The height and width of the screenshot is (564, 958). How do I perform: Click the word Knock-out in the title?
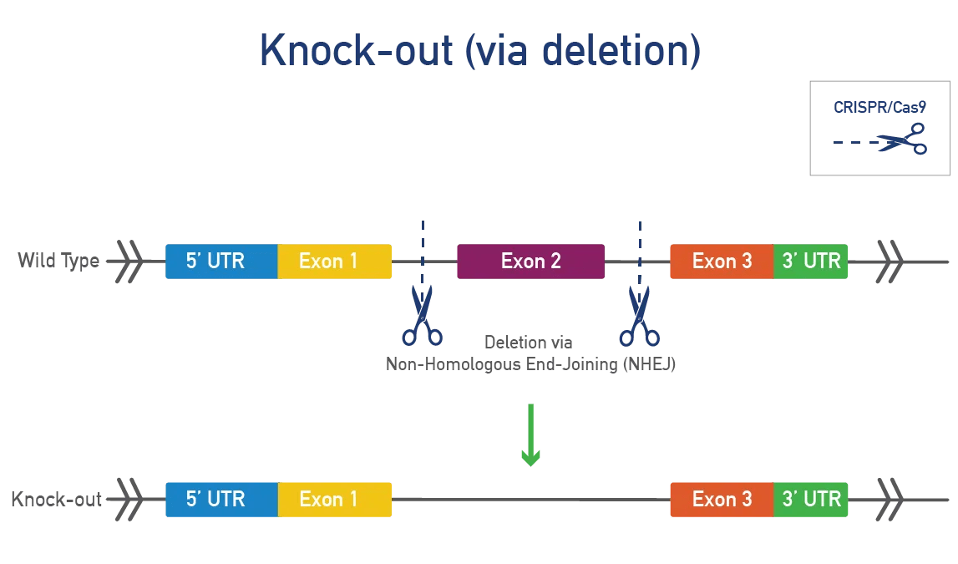tap(356, 51)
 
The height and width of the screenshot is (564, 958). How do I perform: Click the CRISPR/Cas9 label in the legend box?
tap(879, 107)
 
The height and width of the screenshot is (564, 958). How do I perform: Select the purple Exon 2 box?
tap(530, 262)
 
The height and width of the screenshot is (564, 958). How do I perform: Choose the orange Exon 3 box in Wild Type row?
tap(722, 262)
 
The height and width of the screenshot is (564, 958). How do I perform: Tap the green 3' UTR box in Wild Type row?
tap(810, 262)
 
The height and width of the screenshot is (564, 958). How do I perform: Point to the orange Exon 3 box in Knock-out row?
tap(722, 500)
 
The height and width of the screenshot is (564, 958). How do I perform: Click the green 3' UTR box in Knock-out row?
tap(810, 500)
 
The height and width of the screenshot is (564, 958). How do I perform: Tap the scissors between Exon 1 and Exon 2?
tap(422, 316)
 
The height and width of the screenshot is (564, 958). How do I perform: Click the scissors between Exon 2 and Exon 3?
tap(639, 316)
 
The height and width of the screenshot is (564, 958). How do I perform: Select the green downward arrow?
tap(530, 435)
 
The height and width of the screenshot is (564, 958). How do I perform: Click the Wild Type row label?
tap(58, 261)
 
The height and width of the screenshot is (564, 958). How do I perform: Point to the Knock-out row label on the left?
tap(56, 500)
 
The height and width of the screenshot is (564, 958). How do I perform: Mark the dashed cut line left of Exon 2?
tap(423, 242)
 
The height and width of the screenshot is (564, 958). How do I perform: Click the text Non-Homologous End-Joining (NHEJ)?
tap(530, 364)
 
